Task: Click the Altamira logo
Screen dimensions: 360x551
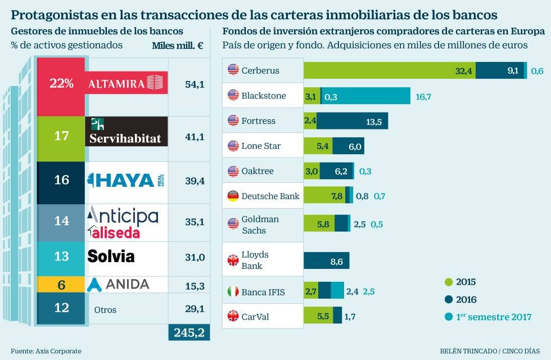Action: (x=126, y=83)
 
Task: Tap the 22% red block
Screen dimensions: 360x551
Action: (x=61, y=83)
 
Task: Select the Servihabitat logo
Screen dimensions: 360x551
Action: (x=126, y=132)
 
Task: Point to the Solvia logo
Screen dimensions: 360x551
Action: (x=111, y=256)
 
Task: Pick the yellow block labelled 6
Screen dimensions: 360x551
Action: (x=61, y=285)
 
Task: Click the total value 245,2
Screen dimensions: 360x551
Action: (x=189, y=332)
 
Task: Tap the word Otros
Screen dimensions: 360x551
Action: (x=105, y=309)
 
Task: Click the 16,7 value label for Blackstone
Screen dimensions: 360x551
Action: (x=423, y=96)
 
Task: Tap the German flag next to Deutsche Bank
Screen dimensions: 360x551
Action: (x=233, y=196)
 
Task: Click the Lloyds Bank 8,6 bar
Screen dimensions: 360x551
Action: (x=327, y=260)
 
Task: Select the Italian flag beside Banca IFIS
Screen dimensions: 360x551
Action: (x=233, y=291)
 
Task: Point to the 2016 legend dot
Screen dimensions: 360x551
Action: (x=448, y=299)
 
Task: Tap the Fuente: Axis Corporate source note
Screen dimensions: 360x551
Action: (x=46, y=351)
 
